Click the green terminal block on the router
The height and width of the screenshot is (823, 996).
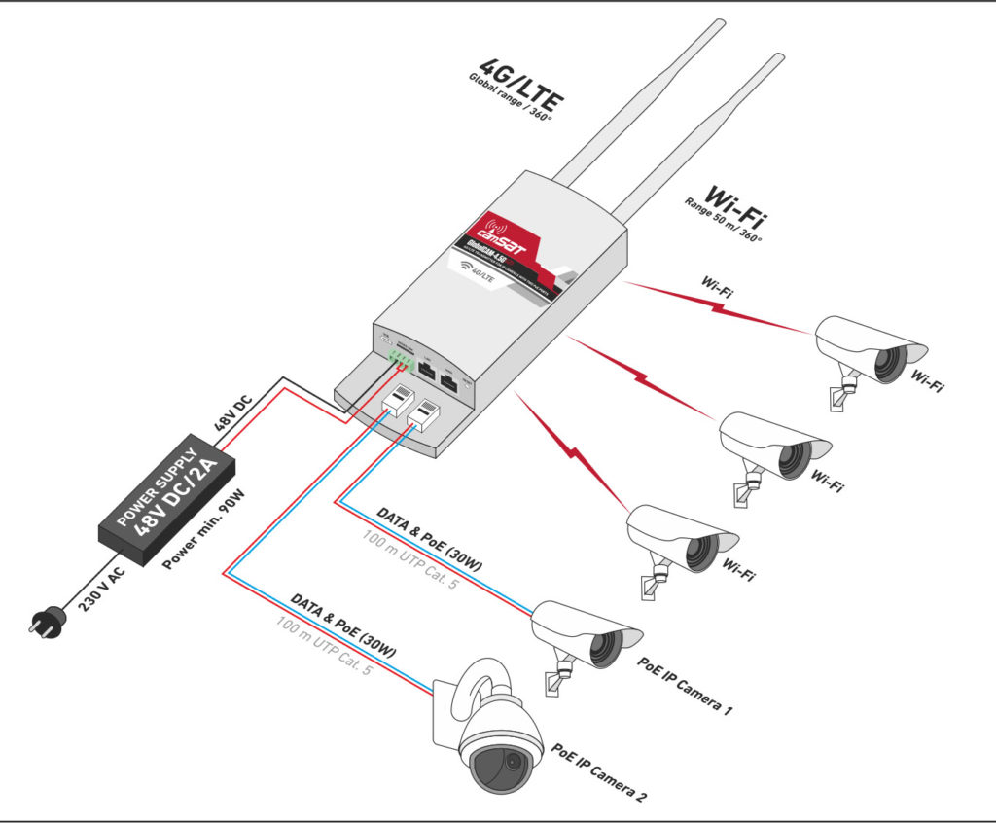pyautogui.click(x=400, y=358)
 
